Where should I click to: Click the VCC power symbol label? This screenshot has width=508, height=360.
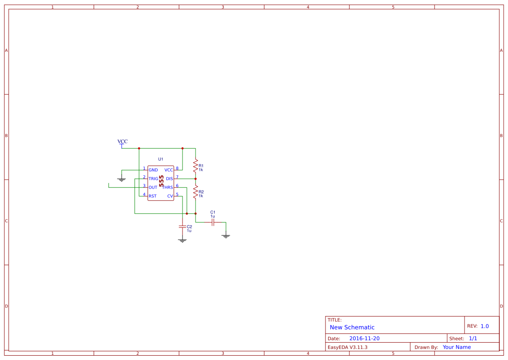point(123,142)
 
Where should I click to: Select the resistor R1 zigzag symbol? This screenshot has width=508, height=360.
point(196,166)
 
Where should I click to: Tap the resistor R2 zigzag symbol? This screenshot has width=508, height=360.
point(196,192)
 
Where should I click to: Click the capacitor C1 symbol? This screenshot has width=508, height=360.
point(212,222)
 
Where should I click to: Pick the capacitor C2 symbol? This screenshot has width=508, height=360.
point(183,227)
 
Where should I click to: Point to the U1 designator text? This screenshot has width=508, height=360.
point(161,160)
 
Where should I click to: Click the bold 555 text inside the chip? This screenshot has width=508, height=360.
point(161,182)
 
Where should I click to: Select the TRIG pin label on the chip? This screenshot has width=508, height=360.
point(153,179)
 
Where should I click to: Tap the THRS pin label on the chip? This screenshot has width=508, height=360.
point(167,187)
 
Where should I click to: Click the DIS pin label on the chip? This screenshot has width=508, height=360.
point(169,179)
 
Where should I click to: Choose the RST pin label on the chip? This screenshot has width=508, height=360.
point(153,196)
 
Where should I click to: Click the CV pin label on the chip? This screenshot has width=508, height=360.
point(170,196)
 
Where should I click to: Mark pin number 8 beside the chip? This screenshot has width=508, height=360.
point(177,168)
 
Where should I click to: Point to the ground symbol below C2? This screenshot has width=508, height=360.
point(183,240)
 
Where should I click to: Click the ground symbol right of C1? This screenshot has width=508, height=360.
point(226,236)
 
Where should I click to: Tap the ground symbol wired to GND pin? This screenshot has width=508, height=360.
point(122,179)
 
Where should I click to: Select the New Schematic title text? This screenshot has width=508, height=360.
point(352,327)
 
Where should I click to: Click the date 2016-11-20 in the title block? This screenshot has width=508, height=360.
point(364,338)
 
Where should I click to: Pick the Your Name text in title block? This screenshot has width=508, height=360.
point(457,347)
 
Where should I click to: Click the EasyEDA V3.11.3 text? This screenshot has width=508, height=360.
point(347,347)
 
